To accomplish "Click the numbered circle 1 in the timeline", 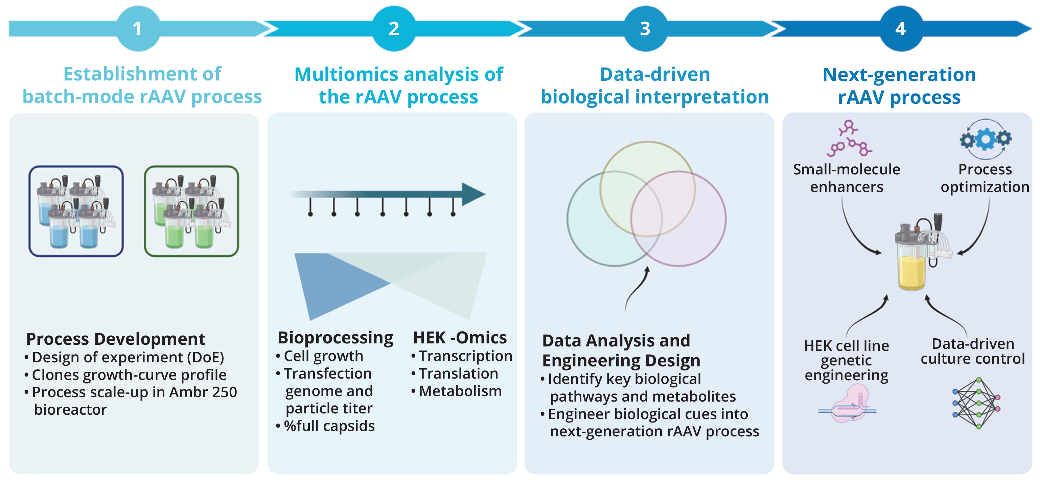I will [x=138, y=29].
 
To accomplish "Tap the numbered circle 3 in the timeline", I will [x=645, y=29].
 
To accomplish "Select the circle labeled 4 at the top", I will [x=901, y=29].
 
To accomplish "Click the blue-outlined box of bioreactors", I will [x=76, y=211].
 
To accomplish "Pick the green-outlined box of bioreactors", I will [x=191, y=211].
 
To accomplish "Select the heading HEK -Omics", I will [x=459, y=338].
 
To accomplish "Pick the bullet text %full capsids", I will [x=329, y=426].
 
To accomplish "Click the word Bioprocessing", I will [x=335, y=338].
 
